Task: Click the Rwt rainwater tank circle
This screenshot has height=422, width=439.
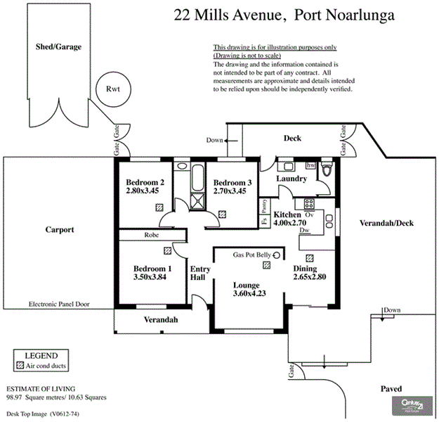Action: pos(112,89)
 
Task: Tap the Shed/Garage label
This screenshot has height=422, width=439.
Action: pos(58,47)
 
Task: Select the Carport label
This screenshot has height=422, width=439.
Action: pos(60,230)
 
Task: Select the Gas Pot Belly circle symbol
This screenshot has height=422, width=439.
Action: pos(277,255)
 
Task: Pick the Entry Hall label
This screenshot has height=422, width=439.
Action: pos(199,274)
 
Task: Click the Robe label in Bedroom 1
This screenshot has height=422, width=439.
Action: pos(150,235)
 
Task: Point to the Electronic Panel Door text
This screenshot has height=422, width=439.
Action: pos(60,305)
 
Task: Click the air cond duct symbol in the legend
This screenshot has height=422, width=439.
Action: pos(20,366)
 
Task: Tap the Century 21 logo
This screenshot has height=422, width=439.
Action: pos(409,405)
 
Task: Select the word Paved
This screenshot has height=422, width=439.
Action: pos(391,388)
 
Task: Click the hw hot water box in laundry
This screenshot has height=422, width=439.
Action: pos(310,165)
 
